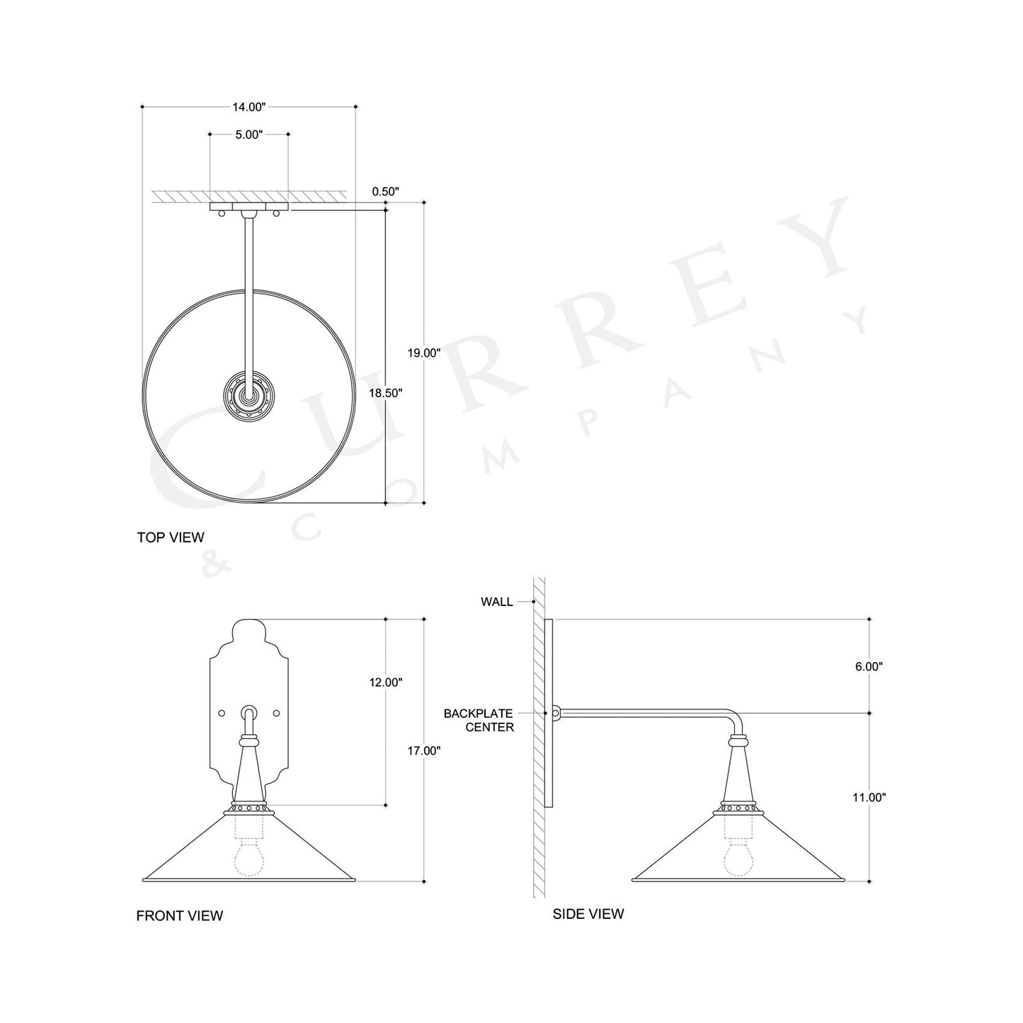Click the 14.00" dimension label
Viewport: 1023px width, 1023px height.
(248, 107)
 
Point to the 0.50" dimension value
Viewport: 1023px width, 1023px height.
(386, 191)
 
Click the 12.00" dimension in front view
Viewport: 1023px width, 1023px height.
(385, 682)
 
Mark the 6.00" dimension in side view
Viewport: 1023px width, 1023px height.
(869, 666)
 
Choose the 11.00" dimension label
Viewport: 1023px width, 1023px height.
(869, 797)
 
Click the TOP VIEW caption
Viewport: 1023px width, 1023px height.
(171, 537)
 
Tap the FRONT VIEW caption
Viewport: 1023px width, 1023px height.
(179, 916)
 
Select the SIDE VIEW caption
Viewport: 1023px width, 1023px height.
(588, 914)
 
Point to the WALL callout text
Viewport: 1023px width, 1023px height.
(496, 602)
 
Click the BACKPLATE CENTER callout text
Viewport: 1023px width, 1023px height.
(479, 720)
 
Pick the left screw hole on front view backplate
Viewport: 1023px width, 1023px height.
(221, 711)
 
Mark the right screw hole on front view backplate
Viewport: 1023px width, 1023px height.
(277, 711)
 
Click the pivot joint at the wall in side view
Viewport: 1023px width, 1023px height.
(556, 713)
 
